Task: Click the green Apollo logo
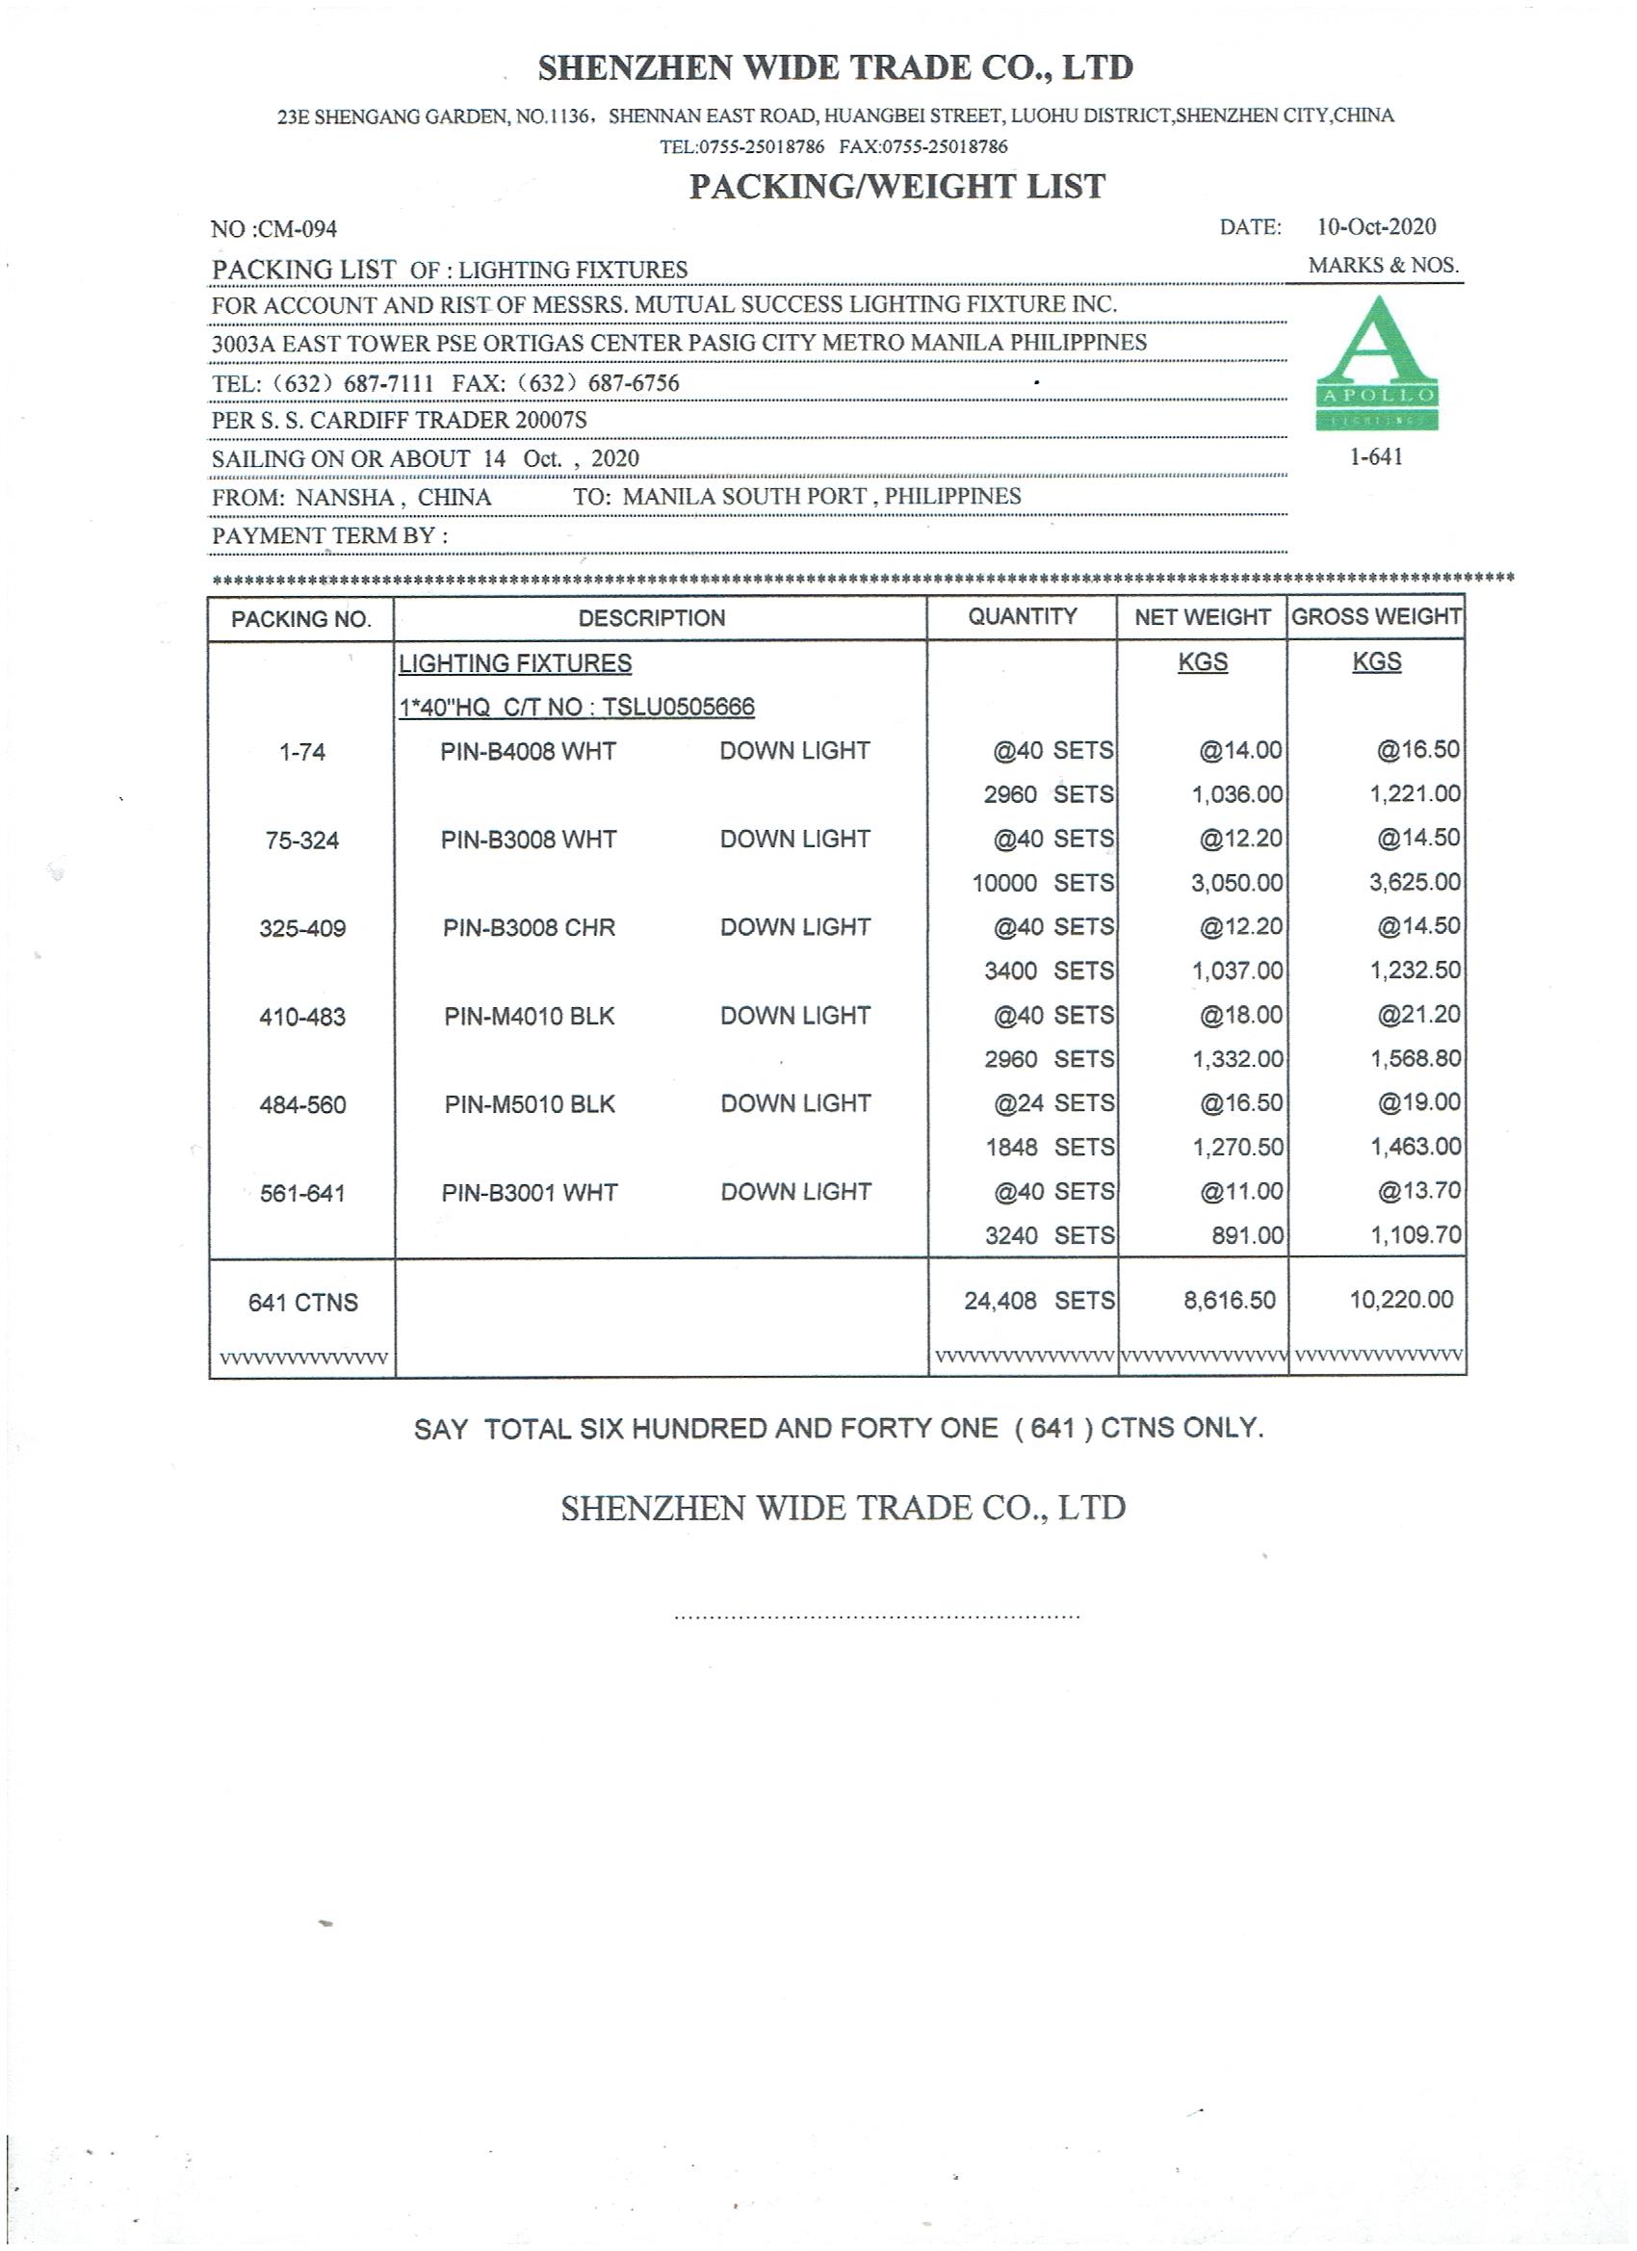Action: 1376,363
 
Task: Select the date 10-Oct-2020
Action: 1376,227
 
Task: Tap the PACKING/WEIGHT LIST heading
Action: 896,187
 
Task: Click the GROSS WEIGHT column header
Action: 1376,616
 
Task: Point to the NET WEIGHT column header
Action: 1201,617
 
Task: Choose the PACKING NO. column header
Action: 300,619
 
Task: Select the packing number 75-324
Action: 301,841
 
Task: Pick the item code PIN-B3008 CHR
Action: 528,928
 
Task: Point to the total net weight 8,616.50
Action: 1228,1300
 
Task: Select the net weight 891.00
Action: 1247,1235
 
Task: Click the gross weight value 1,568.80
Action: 1415,1059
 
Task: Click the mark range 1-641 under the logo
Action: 1376,457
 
